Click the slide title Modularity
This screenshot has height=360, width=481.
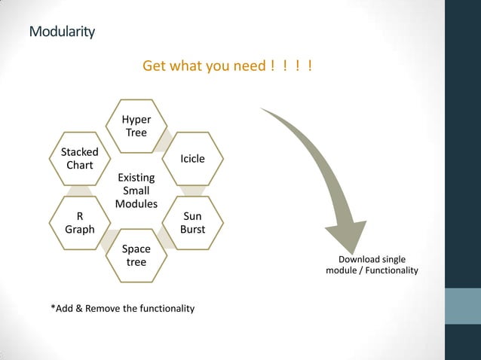pos(62,32)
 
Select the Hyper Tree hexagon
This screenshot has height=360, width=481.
pos(136,126)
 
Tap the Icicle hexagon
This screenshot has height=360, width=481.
pos(192,159)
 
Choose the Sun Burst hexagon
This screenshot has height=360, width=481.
pos(192,223)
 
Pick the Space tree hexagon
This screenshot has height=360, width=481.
pos(136,255)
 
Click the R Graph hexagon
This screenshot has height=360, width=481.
pos(80,223)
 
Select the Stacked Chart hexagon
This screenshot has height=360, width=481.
pos(80,158)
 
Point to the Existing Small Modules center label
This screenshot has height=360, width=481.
pos(136,191)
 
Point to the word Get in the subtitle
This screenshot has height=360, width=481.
pos(154,67)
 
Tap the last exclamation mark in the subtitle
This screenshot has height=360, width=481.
pos(310,67)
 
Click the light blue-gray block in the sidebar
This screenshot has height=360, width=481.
pos(463,306)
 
